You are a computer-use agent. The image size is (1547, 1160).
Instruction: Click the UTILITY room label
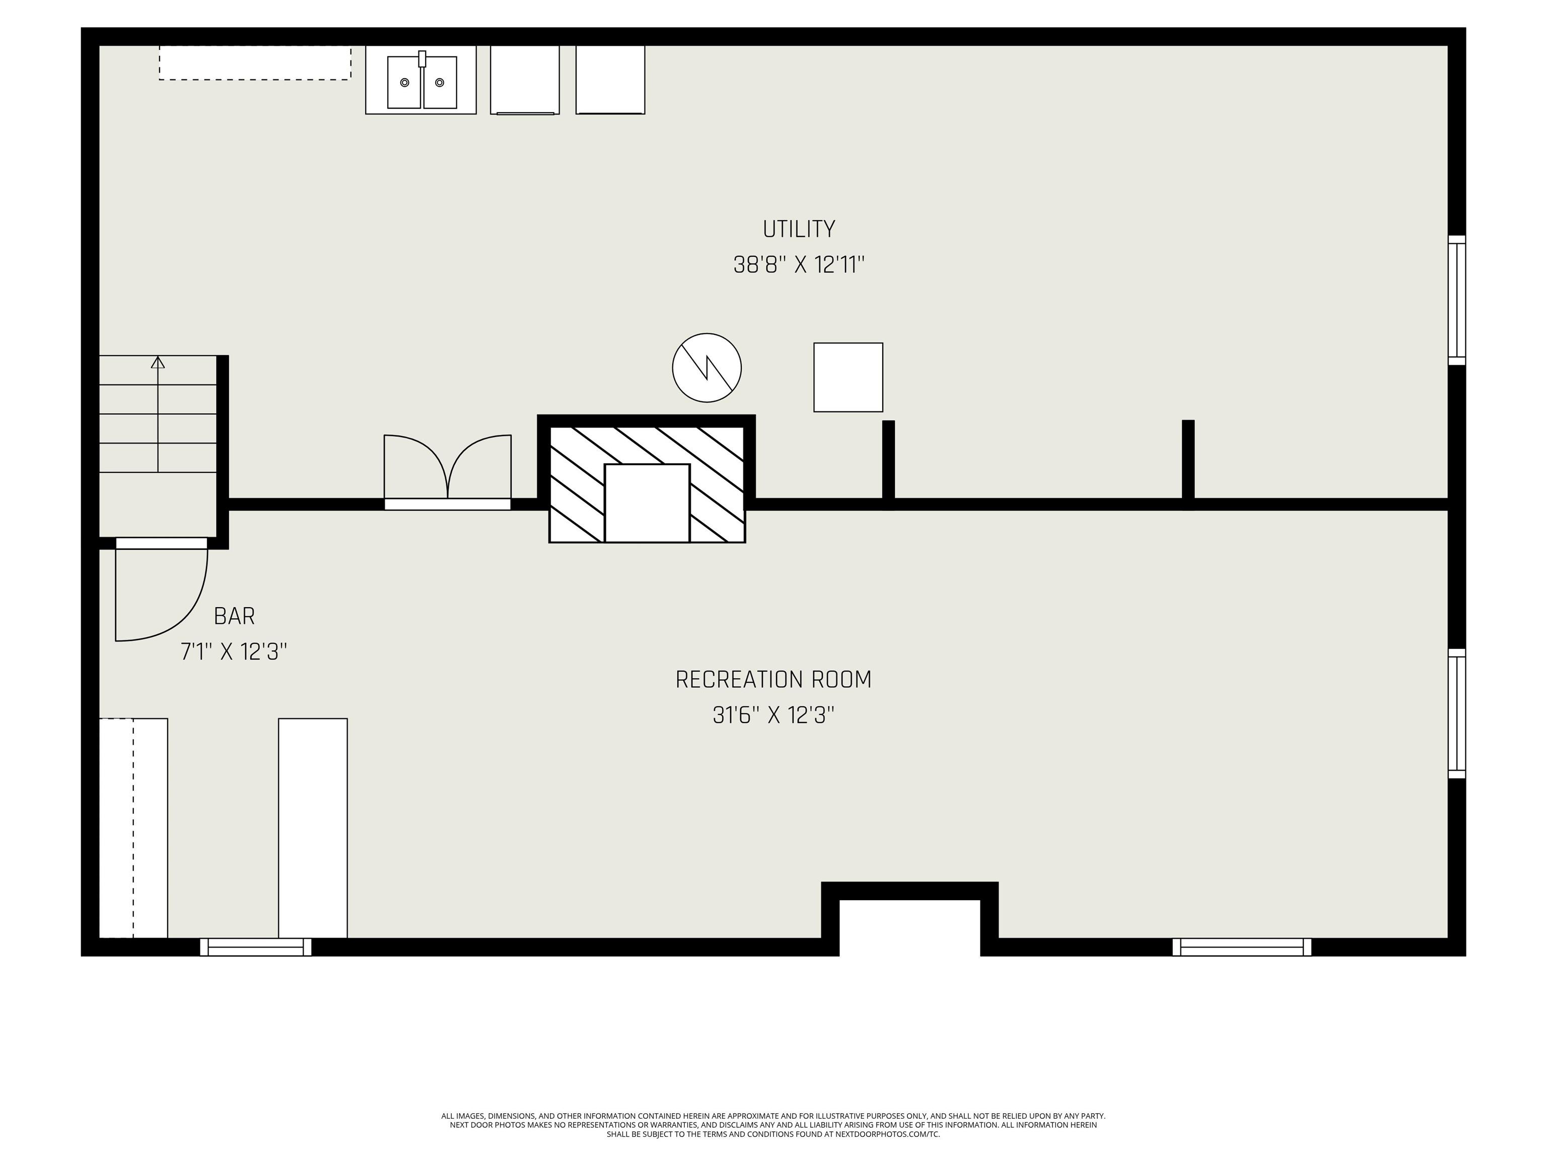(x=798, y=230)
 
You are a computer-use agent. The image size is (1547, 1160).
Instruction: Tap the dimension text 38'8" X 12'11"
(x=798, y=265)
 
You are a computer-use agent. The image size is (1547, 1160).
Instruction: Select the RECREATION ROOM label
(x=773, y=680)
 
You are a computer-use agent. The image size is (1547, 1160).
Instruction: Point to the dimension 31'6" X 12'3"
(x=773, y=715)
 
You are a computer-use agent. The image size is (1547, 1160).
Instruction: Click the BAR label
(x=234, y=616)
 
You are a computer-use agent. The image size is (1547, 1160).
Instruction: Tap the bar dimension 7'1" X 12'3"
(x=234, y=651)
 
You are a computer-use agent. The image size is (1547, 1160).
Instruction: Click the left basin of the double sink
(x=404, y=83)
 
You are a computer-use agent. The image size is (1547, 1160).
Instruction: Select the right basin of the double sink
(x=440, y=83)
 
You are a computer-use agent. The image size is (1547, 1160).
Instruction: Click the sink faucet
(x=421, y=59)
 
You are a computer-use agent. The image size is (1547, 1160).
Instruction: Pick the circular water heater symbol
(x=707, y=368)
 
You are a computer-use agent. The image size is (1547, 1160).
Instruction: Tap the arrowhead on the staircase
(x=158, y=362)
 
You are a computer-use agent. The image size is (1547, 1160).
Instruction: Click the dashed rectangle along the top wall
(x=255, y=63)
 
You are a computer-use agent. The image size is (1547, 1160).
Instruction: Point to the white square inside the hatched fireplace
(x=647, y=503)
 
